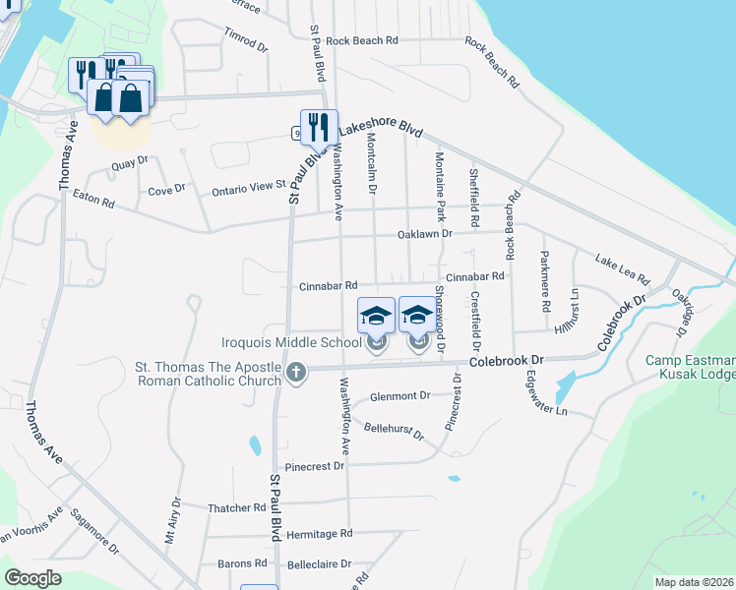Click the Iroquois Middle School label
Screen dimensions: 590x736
coord(290,343)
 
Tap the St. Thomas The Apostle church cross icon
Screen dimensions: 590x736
coord(296,372)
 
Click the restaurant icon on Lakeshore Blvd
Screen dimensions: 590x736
coord(319,127)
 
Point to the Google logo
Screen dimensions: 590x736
coord(33,578)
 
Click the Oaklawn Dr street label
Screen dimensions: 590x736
coord(424,234)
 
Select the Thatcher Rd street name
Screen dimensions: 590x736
coord(237,507)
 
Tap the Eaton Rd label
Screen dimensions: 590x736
coord(94,200)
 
